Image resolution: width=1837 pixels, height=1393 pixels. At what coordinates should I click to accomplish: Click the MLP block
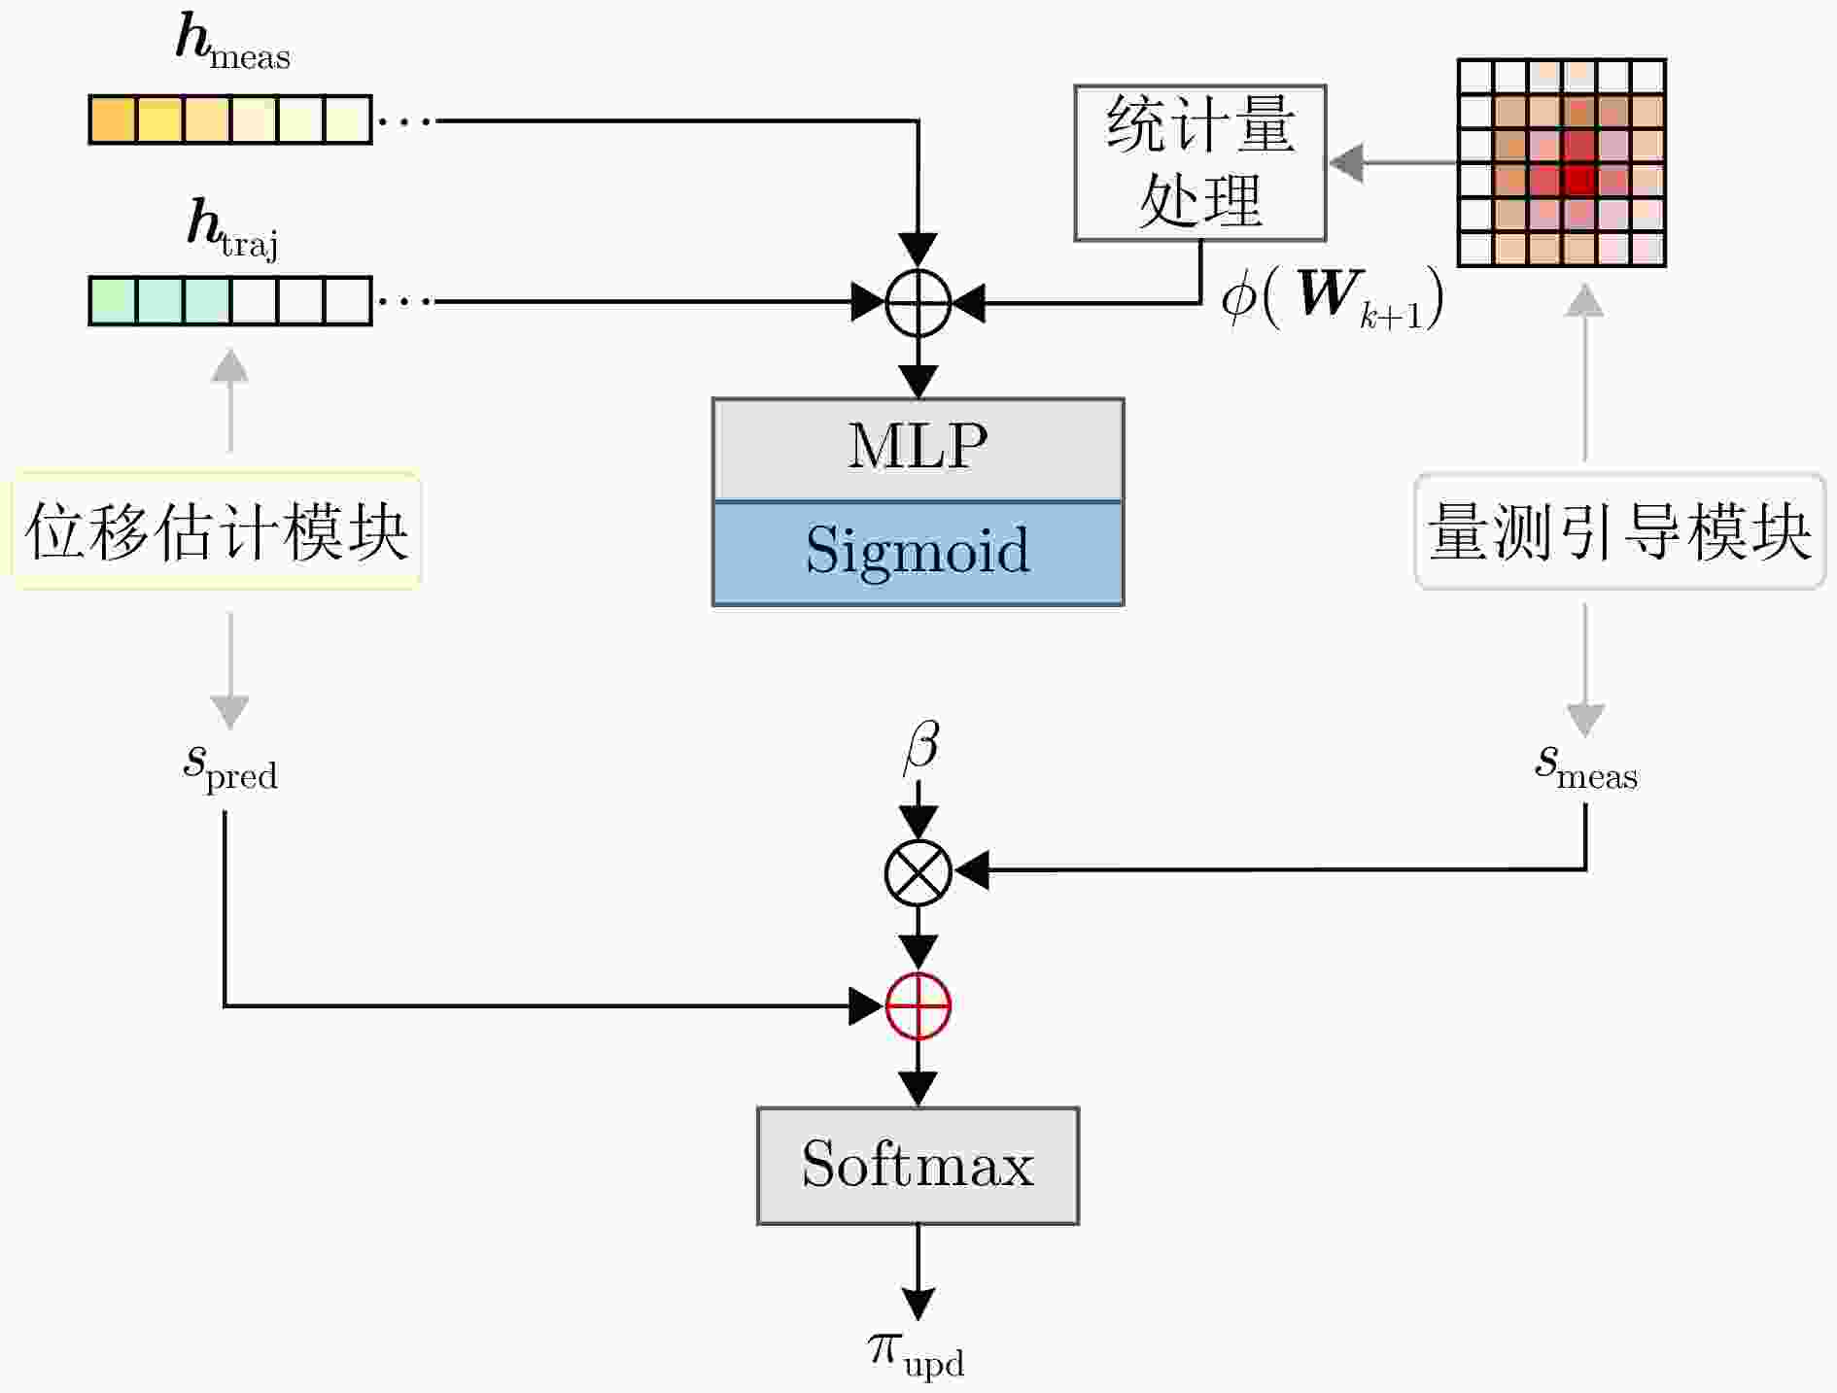coord(918,449)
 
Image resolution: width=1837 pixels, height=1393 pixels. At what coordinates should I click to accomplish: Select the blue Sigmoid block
coord(918,553)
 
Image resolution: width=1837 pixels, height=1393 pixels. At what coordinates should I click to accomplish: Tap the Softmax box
coord(918,1165)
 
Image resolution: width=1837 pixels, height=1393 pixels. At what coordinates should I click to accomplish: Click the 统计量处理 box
coord(1200,162)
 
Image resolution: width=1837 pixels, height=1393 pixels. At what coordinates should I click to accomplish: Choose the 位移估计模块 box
coord(217,531)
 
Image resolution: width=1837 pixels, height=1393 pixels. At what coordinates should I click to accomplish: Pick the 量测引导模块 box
coord(1619,531)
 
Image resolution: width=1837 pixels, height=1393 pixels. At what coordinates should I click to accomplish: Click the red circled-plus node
coord(918,1005)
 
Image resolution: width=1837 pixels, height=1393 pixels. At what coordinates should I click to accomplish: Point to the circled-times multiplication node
coord(918,872)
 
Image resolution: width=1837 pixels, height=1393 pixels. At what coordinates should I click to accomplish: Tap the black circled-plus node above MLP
coord(918,302)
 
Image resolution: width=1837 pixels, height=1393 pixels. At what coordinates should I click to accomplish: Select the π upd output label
coord(916,1354)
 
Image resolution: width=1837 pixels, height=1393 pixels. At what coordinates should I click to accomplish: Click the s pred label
coord(230,767)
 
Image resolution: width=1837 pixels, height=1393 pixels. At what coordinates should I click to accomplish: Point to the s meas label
coord(1586,767)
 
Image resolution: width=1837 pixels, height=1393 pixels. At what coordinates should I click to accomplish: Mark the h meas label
coord(233,43)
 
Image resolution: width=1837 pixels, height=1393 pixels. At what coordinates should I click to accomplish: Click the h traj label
coord(233,229)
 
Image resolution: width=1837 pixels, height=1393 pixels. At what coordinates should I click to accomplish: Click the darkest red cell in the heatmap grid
coord(1579,180)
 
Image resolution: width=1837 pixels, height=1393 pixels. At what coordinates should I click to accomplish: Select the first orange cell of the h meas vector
coord(113,119)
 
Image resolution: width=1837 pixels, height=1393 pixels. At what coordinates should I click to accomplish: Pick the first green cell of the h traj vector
coord(113,301)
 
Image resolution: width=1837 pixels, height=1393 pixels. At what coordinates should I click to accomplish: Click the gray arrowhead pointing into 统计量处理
coord(1345,162)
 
